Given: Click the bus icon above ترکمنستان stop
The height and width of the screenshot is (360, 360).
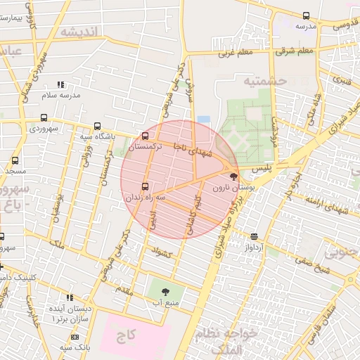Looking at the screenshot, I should [146, 136].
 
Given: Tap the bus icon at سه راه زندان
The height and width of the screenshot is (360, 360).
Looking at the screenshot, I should [146, 187].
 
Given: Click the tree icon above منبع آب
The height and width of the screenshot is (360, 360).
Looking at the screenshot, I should [165, 290].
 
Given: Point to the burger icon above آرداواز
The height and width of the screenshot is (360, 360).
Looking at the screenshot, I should [254, 237].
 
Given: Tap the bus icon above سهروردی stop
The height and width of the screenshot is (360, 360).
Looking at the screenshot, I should [45, 118].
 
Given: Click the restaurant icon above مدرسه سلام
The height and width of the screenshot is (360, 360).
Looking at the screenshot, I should [60, 83].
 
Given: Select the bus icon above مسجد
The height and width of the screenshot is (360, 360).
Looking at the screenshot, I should [15, 160].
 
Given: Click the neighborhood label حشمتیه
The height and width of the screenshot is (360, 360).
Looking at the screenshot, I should [266, 82].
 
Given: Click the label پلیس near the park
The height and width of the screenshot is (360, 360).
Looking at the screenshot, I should [262, 169].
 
